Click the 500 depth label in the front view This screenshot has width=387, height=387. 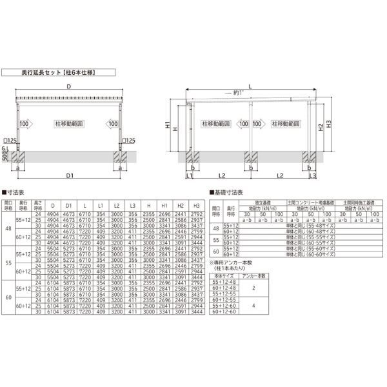pos(5,158)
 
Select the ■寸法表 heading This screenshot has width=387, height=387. pos(14,192)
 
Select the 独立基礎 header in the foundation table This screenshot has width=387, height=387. pos(264,201)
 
